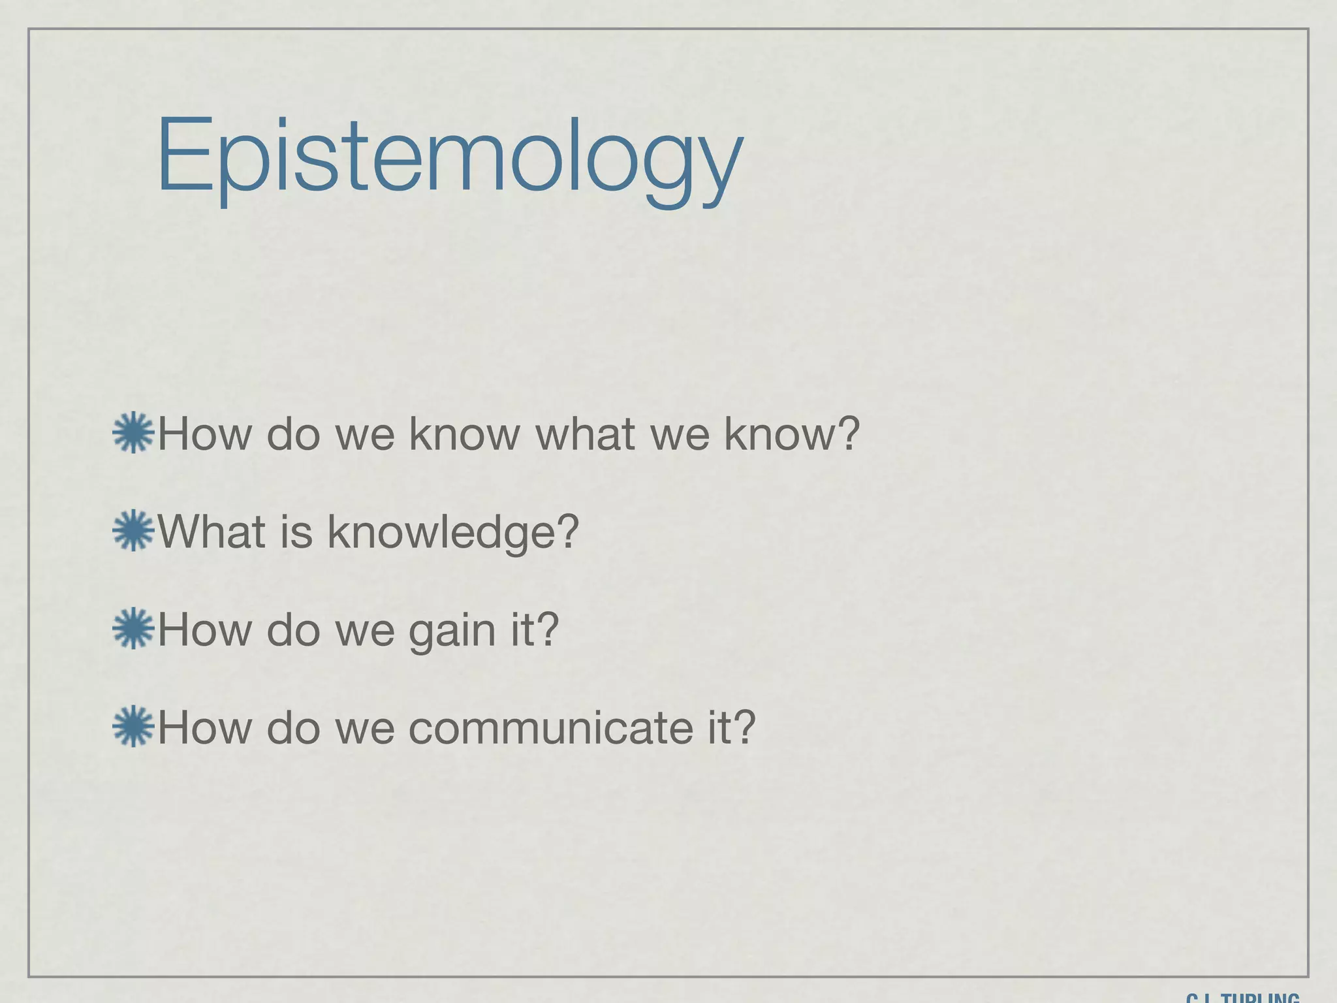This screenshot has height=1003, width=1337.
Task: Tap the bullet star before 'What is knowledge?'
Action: [x=133, y=530]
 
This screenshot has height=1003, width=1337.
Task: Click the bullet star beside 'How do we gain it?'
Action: [x=133, y=628]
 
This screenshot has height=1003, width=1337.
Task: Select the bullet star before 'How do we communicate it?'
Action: [x=133, y=726]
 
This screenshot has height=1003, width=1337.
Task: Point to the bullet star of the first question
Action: [x=133, y=432]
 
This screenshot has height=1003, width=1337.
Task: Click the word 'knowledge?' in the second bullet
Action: [x=453, y=532]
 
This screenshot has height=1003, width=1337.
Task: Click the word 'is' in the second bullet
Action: [x=297, y=532]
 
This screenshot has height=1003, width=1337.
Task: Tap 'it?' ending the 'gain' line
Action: [x=535, y=629]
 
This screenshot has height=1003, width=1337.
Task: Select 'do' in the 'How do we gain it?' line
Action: [x=293, y=629]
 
